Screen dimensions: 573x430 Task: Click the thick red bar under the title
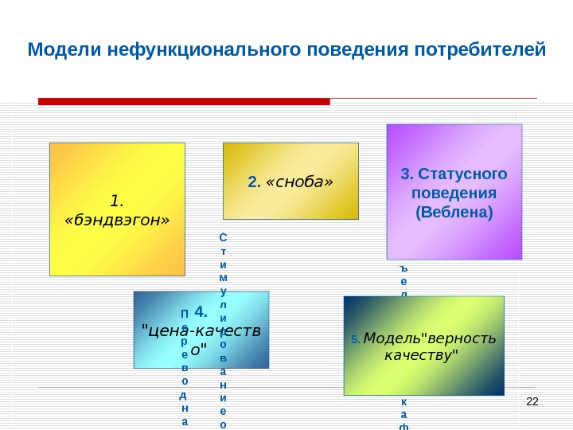pyautogui.click(x=184, y=102)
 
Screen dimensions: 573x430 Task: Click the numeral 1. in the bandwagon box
pyautogui.click(x=117, y=200)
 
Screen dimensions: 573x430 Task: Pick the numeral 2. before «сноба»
pyautogui.click(x=254, y=183)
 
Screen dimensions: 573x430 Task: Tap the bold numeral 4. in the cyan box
pyautogui.click(x=201, y=311)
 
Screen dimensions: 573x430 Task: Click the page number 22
pyautogui.click(x=532, y=400)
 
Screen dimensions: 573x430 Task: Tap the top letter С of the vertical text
pyautogui.click(x=223, y=237)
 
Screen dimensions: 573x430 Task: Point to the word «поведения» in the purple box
pyautogui.click(x=454, y=193)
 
